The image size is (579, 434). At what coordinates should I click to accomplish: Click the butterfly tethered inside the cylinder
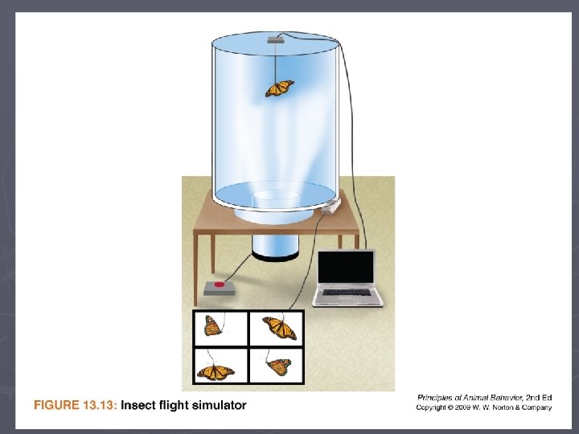pyautogui.click(x=280, y=88)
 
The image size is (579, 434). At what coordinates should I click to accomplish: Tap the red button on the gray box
pyautogui.click(x=220, y=285)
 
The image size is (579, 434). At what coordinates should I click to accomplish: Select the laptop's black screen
pyautogui.click(x=346, y=267)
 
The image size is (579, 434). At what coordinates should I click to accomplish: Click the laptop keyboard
pyautogui.click(x=347, y=293)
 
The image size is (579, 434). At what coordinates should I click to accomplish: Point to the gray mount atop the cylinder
pyautogui.click(x=276, y=39)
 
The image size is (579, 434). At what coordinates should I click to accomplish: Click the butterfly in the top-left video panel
pyautogui.click(x=213, y=325)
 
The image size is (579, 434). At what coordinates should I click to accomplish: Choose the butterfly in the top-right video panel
pyautogui.click(x=280, y=327)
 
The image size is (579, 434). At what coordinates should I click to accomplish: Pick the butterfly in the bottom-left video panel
pyautogui.click(x=216, y=372)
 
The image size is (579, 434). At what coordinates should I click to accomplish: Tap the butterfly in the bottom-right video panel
pyautogui.click(x=279, y=366)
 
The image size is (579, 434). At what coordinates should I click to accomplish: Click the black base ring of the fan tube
pyautogui.click(x=276, y=256)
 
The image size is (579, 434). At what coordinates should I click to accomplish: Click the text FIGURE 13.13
pyautogui.click(x=75, y=405)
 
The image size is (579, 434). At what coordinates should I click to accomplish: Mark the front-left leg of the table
pyautogui.click(x=195, y=270)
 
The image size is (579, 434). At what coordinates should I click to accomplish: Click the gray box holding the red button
pyautogui.click(x=220, y=289)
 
